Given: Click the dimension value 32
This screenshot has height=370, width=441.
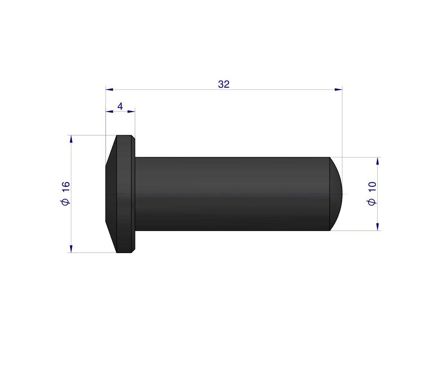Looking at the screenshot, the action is pos(224,84).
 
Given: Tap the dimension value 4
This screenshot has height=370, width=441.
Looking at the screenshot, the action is pos(120,107).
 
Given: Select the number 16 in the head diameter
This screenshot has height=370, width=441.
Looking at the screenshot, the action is pos(65,187).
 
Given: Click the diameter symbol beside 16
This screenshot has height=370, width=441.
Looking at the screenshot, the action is pos(65,202).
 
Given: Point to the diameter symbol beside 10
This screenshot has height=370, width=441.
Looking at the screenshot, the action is pos(372,202).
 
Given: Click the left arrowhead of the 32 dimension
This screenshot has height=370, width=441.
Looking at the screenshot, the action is pos(109,89).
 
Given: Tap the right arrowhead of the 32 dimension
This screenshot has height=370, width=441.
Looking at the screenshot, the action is pos(338,89).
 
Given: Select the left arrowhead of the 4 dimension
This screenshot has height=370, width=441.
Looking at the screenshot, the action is pos(109,111).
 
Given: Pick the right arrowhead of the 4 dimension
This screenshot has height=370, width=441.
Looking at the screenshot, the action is pos(131,111).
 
